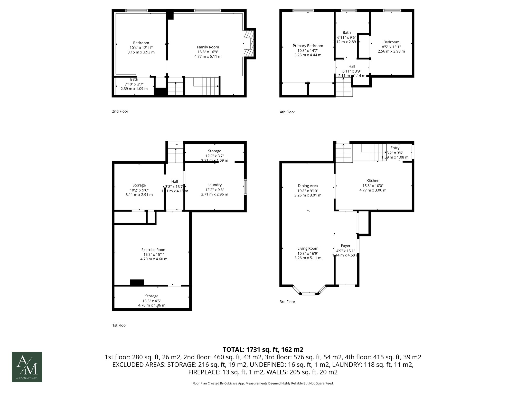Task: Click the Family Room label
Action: pos(208,47)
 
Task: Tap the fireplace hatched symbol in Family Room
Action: pos(249,44)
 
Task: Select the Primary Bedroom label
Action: pos(308,46)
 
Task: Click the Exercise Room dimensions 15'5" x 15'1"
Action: pos(154,254)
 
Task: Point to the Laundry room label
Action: pos(214,185)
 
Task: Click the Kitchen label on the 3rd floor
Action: pos(373,181)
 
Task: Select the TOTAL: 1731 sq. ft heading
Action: pos(263,349)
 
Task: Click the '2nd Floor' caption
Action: pos(120,111)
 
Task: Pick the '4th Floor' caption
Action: pos(287,112)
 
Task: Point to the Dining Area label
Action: pos(308,186)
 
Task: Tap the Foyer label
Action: pos(345,246)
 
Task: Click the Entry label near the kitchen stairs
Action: pos(395,148)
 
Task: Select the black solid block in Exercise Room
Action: pos(137,282)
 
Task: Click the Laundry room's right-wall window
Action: pos(245,187)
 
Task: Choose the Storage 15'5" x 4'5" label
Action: pos(152,301)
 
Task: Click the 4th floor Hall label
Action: pos(352,66)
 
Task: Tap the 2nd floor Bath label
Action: pos(134,80)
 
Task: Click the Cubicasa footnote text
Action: pos(263,383)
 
